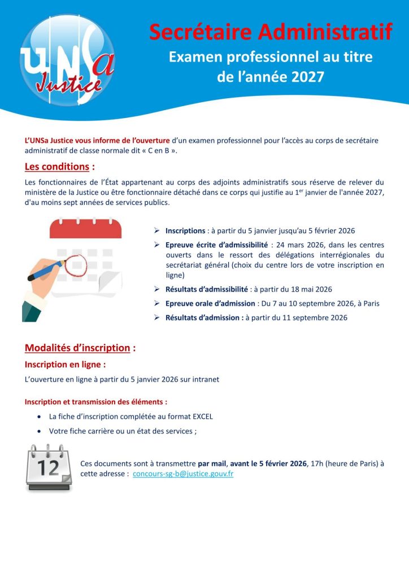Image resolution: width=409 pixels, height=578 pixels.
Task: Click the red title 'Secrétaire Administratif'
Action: (271, 32)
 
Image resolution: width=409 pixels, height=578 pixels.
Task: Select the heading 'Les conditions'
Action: (57, 167)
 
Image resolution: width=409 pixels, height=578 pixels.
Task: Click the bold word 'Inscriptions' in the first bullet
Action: (185, 231)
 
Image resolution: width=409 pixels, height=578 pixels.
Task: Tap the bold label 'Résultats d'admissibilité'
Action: (207, 289)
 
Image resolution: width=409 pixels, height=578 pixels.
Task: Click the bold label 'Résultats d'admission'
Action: (203, 317)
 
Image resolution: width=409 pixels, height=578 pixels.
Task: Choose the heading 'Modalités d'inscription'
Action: (77, 348)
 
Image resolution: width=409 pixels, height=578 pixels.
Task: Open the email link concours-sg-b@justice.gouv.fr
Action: (183, 474)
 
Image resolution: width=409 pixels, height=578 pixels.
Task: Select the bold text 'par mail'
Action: (212, 463)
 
